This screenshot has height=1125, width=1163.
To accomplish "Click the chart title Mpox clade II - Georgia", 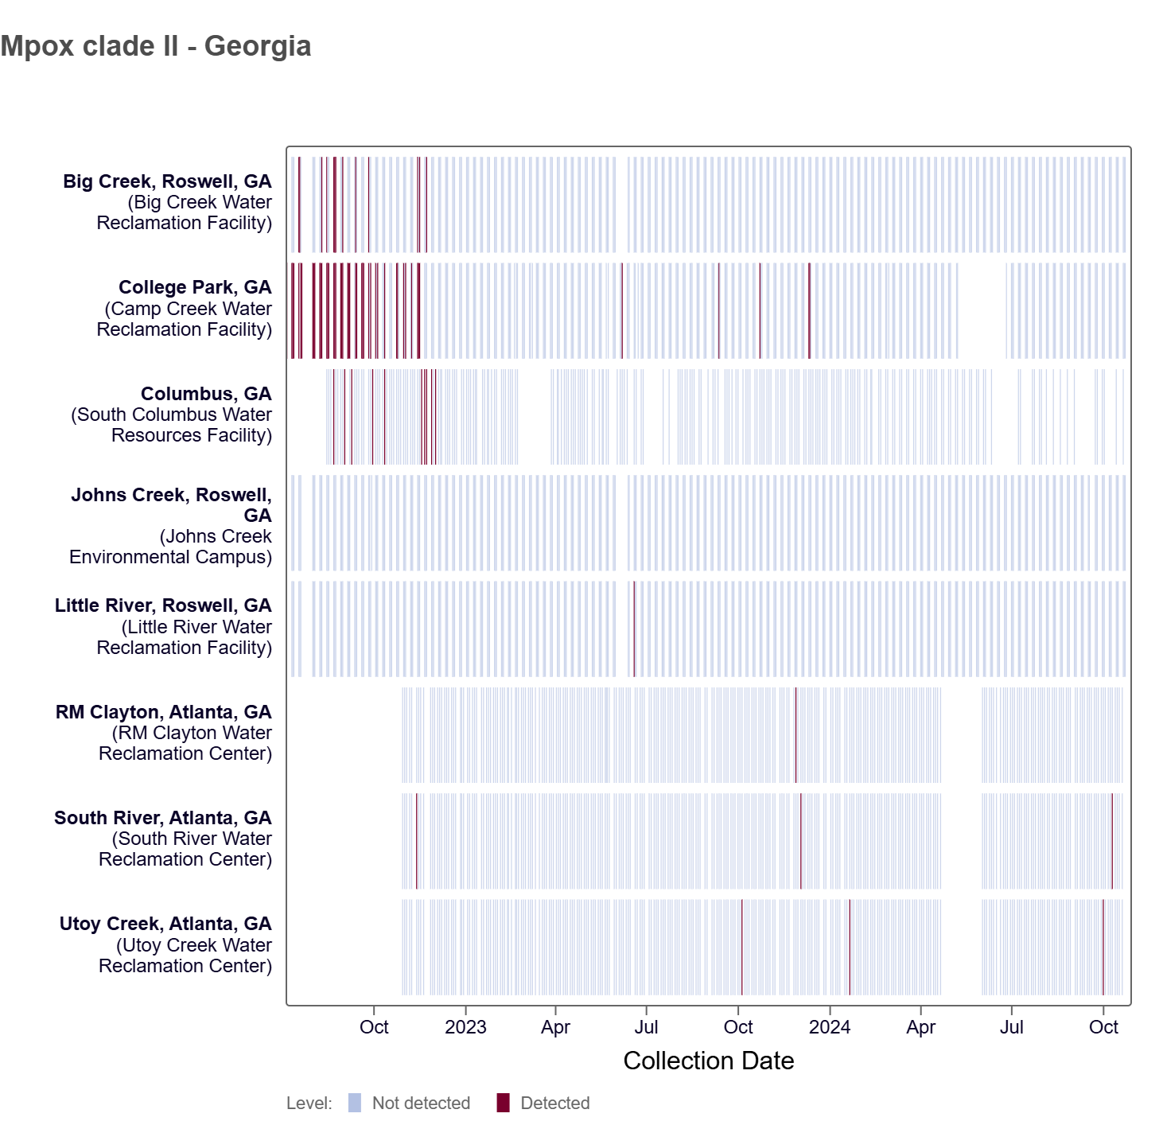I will click(156, 46).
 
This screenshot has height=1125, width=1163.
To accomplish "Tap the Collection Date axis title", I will click(708, 1061).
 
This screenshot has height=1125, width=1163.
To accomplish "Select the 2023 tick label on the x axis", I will click(465, 1027).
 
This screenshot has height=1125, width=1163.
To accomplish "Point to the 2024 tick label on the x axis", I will click(829, 1027).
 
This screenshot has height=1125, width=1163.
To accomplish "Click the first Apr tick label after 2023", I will click(555, 1027).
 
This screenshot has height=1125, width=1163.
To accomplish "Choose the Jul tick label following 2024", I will click(1011, 1027).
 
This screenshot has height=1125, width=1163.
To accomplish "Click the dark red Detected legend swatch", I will click(503, 1103).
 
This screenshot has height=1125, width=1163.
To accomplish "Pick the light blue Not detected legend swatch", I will click(355, 1103).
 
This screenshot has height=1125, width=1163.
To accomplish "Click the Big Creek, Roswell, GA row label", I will click(167, 181).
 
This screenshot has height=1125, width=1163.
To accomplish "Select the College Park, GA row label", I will click(195, 287).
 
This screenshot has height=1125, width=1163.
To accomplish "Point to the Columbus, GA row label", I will click(206, 394).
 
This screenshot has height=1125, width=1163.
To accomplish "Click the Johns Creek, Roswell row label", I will click(171, 495).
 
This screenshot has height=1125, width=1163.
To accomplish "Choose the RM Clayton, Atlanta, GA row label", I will click(163, 712).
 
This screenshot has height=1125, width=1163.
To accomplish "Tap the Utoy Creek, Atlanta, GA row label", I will click(165, 924).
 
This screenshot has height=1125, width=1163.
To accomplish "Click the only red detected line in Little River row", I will click(634, 629).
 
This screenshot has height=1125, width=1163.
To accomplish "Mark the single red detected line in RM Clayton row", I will click(795, 735).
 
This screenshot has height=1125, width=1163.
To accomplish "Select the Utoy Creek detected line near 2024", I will click(850, 947).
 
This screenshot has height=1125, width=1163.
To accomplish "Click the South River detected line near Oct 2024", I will click(1112, 841).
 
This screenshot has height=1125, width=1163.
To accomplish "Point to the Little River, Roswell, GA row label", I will click(163, 605).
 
